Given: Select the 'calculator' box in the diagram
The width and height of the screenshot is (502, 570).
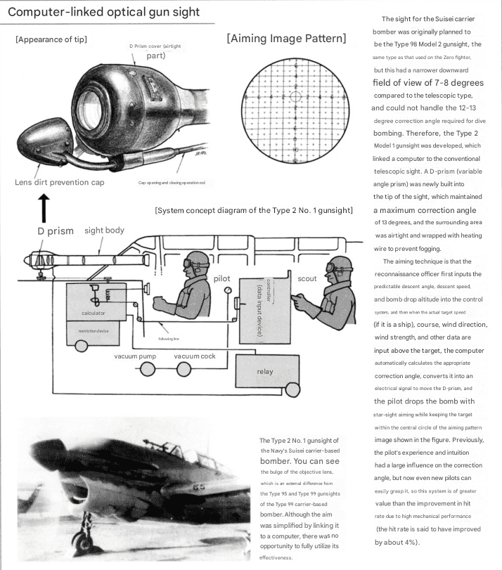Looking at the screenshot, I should tap(93, 311).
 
